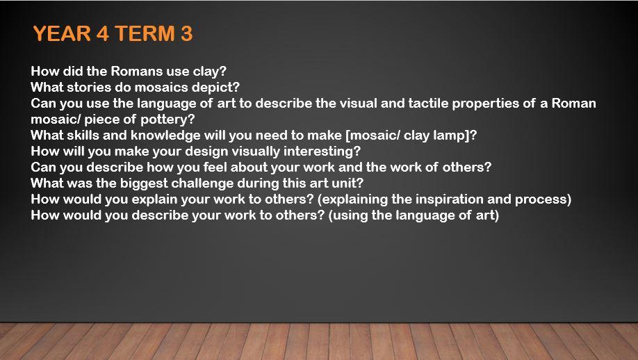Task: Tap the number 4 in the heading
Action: [103, 33]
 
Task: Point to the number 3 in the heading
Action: [186, 33]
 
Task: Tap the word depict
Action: [220, 88]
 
